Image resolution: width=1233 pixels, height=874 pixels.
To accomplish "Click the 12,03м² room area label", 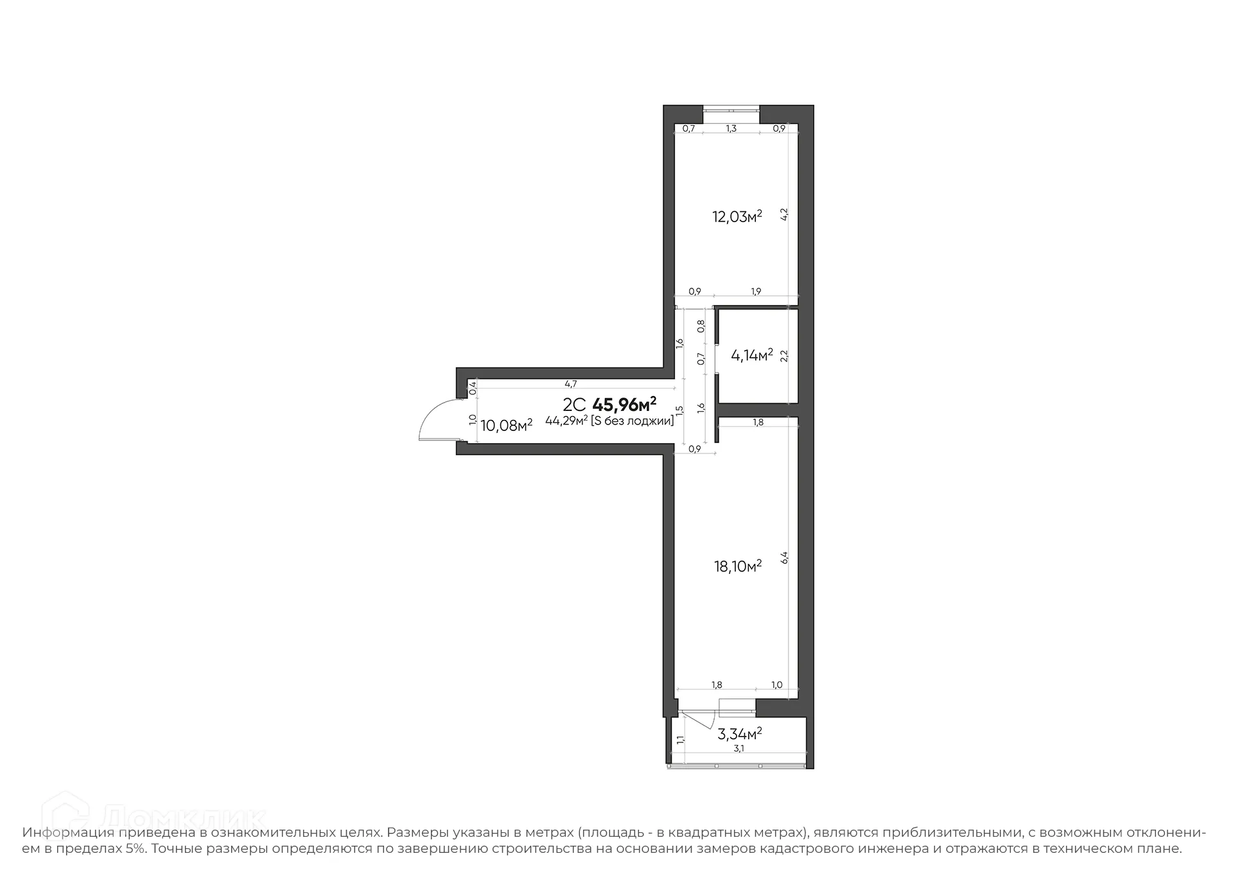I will click(737, 216).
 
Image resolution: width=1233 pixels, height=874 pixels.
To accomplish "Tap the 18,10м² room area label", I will click(738, 566).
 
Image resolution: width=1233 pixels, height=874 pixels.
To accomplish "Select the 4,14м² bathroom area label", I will click(751, 354).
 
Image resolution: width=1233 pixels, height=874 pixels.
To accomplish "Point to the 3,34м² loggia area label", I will click(739, 733).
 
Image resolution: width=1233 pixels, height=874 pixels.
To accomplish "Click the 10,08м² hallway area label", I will click(506, 425).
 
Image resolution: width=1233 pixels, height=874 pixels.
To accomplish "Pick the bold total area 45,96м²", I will click(624, 405).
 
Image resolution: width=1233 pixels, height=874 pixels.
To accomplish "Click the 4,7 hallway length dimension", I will click(570, 384).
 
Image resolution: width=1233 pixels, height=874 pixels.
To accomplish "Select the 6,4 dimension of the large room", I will click(783, 557).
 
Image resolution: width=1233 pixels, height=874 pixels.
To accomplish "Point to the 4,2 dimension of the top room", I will click(783, 214).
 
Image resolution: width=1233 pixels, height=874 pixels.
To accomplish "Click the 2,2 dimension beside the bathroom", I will click(783, 356).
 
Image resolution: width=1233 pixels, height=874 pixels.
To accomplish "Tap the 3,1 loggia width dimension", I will click(739, 748).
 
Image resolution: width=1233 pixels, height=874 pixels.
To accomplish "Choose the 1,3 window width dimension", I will click(731, 128).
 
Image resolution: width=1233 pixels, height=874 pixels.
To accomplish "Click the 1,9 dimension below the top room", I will click(756, 292).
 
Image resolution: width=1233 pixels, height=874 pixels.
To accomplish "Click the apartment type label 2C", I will click(574, 405).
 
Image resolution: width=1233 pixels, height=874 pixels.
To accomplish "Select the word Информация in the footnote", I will click(68, 833).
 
